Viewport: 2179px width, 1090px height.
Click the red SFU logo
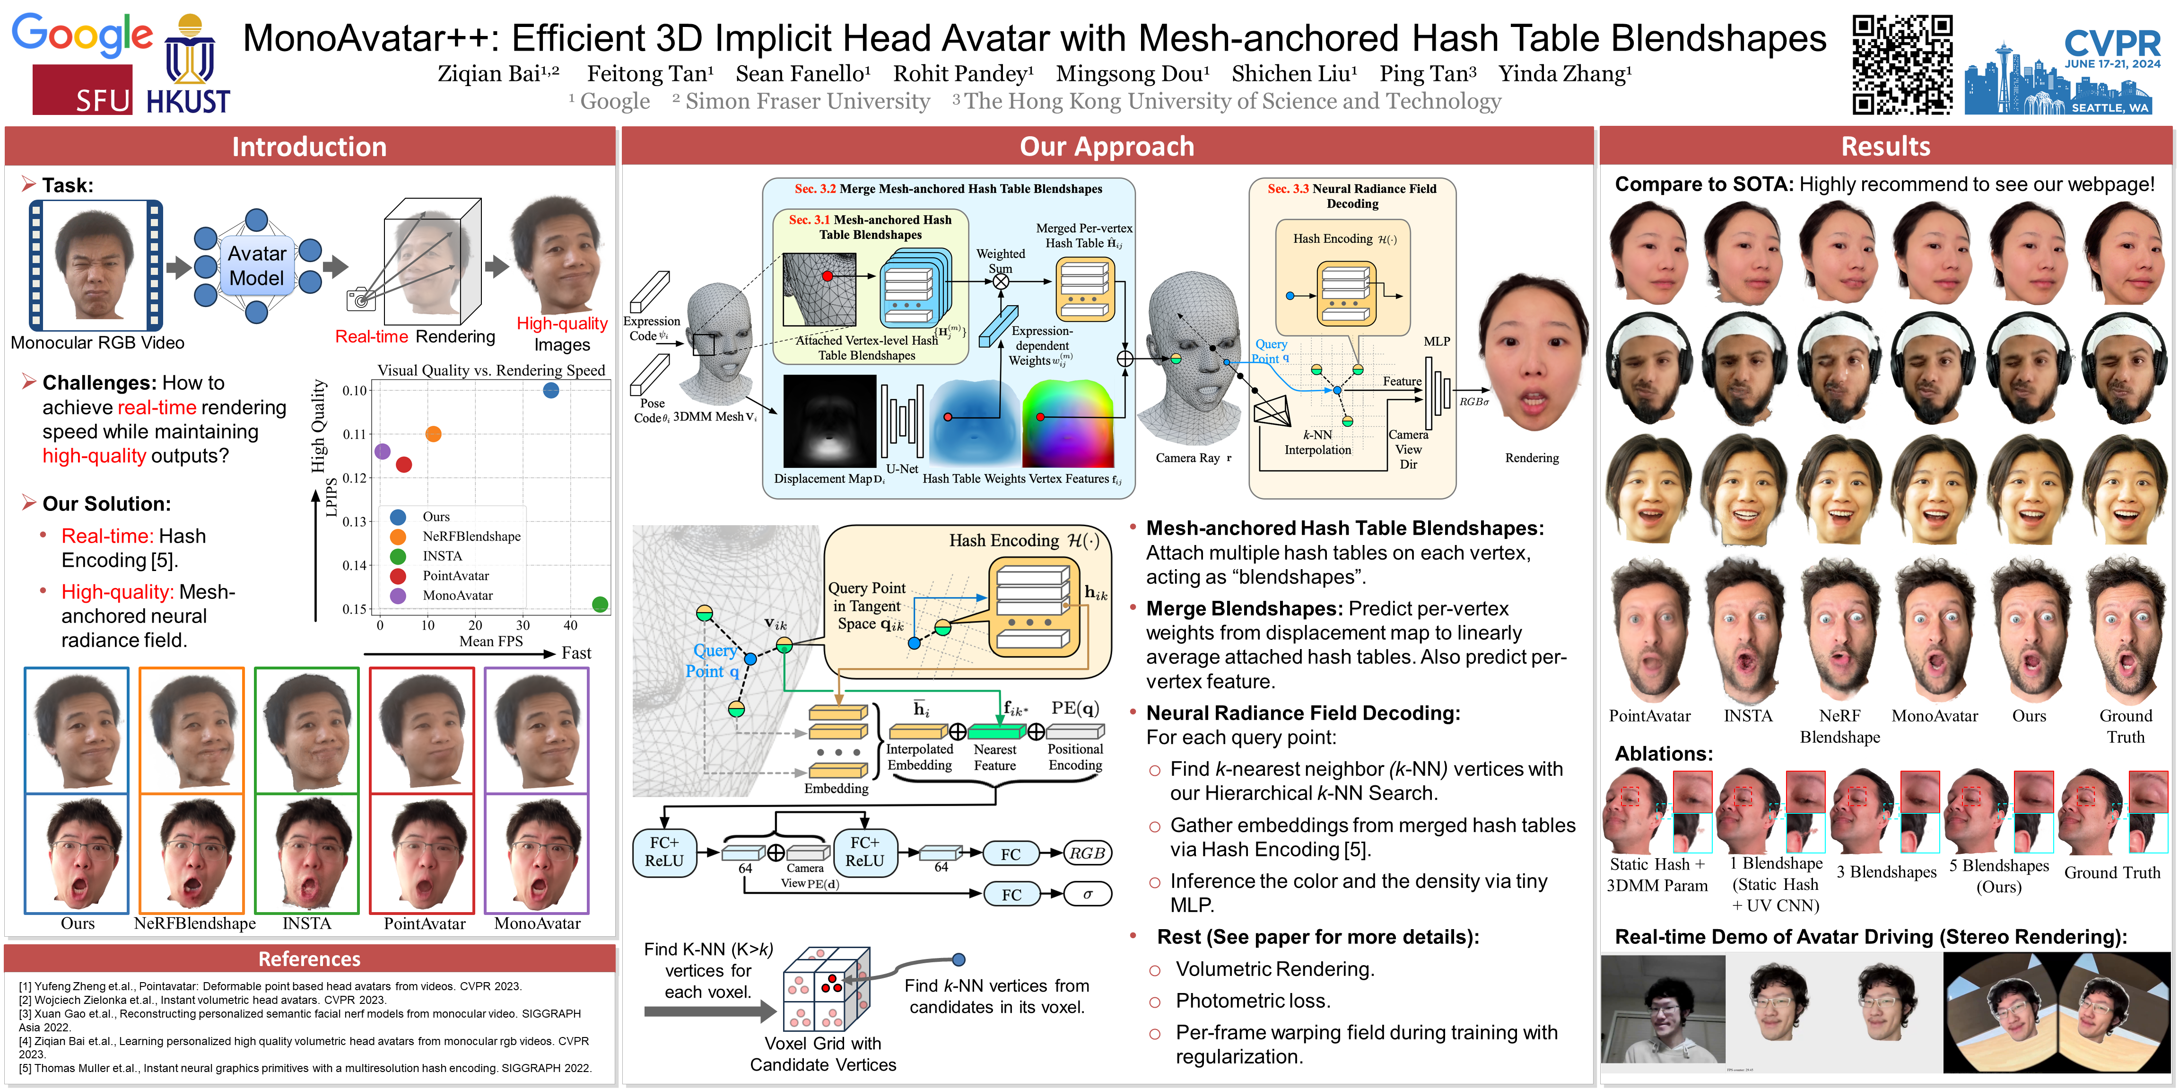point(83,90)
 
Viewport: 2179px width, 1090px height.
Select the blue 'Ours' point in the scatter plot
point(551,390)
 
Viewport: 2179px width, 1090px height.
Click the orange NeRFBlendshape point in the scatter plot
point(433,434)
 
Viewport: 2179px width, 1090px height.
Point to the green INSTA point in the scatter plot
point(600,604)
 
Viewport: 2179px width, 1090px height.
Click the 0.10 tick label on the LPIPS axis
point(355,391)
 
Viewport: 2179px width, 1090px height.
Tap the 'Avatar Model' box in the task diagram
point(256,266)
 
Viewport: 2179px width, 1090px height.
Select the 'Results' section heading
point(1885,146)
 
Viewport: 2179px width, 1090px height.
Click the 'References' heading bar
point(310,959)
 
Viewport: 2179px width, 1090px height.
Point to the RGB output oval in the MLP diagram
point(1087,853)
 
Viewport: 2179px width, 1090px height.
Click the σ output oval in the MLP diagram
point(1087,894)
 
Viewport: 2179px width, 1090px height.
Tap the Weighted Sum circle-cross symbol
point(1001,282)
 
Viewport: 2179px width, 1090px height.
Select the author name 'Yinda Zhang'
point(1565,74)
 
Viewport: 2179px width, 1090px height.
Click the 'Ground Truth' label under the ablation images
point(2112,872)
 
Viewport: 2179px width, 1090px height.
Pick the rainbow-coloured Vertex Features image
point(1068,423)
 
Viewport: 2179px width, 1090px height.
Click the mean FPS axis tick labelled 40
point(571,625)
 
